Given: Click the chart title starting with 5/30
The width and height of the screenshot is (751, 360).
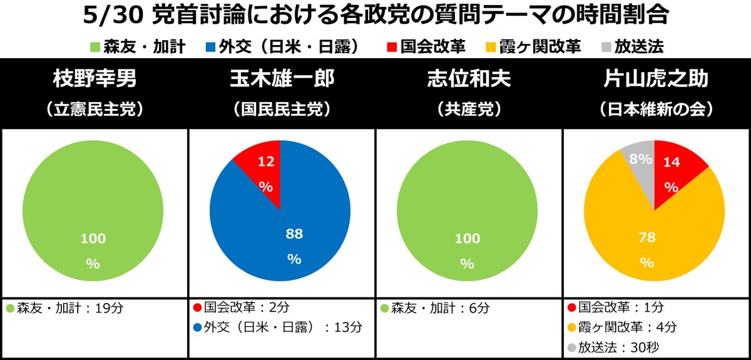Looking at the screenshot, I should click(375, 16).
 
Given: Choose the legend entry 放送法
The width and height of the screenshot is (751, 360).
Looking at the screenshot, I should click(631, 47).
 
